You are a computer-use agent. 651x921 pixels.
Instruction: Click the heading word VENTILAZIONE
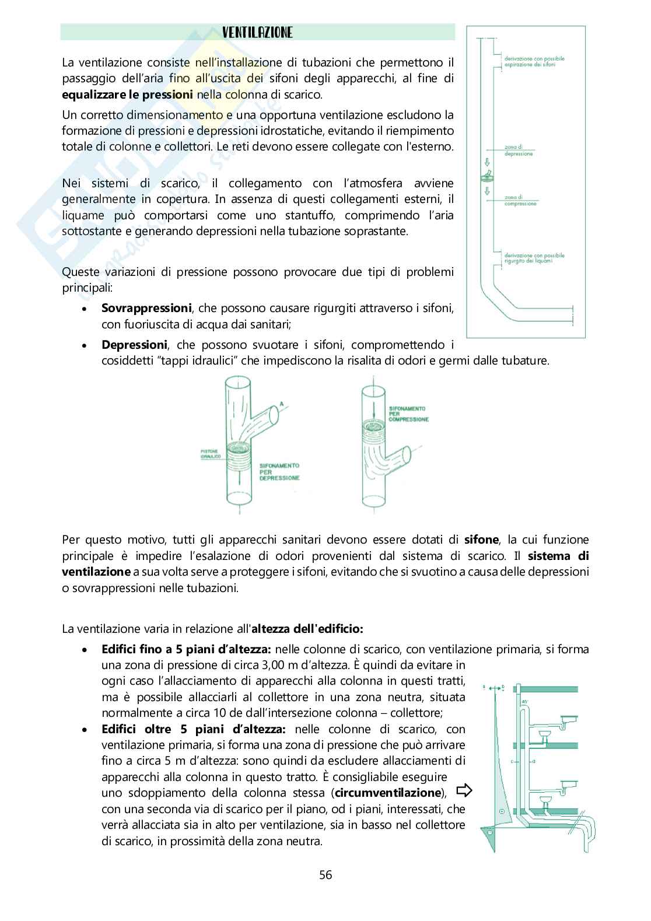[x=257, y=33]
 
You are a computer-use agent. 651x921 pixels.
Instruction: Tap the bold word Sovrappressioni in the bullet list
[x=146, y=307]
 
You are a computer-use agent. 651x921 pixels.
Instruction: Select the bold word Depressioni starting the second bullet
[x=135, y=345]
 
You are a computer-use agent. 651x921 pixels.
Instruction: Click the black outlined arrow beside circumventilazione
[x=464, y=791]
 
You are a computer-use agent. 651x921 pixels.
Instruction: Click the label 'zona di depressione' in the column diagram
[x=519, y=151]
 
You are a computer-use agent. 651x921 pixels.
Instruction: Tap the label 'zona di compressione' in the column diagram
[x=520, y=201]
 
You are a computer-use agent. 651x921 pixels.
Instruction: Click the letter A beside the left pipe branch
[x=282, y=403]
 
